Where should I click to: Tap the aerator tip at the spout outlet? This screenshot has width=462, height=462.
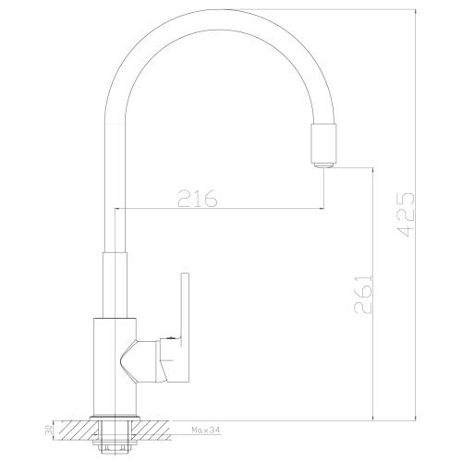[x=321, y=164]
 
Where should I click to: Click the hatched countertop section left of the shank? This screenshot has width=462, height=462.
[x=74, y=430]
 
